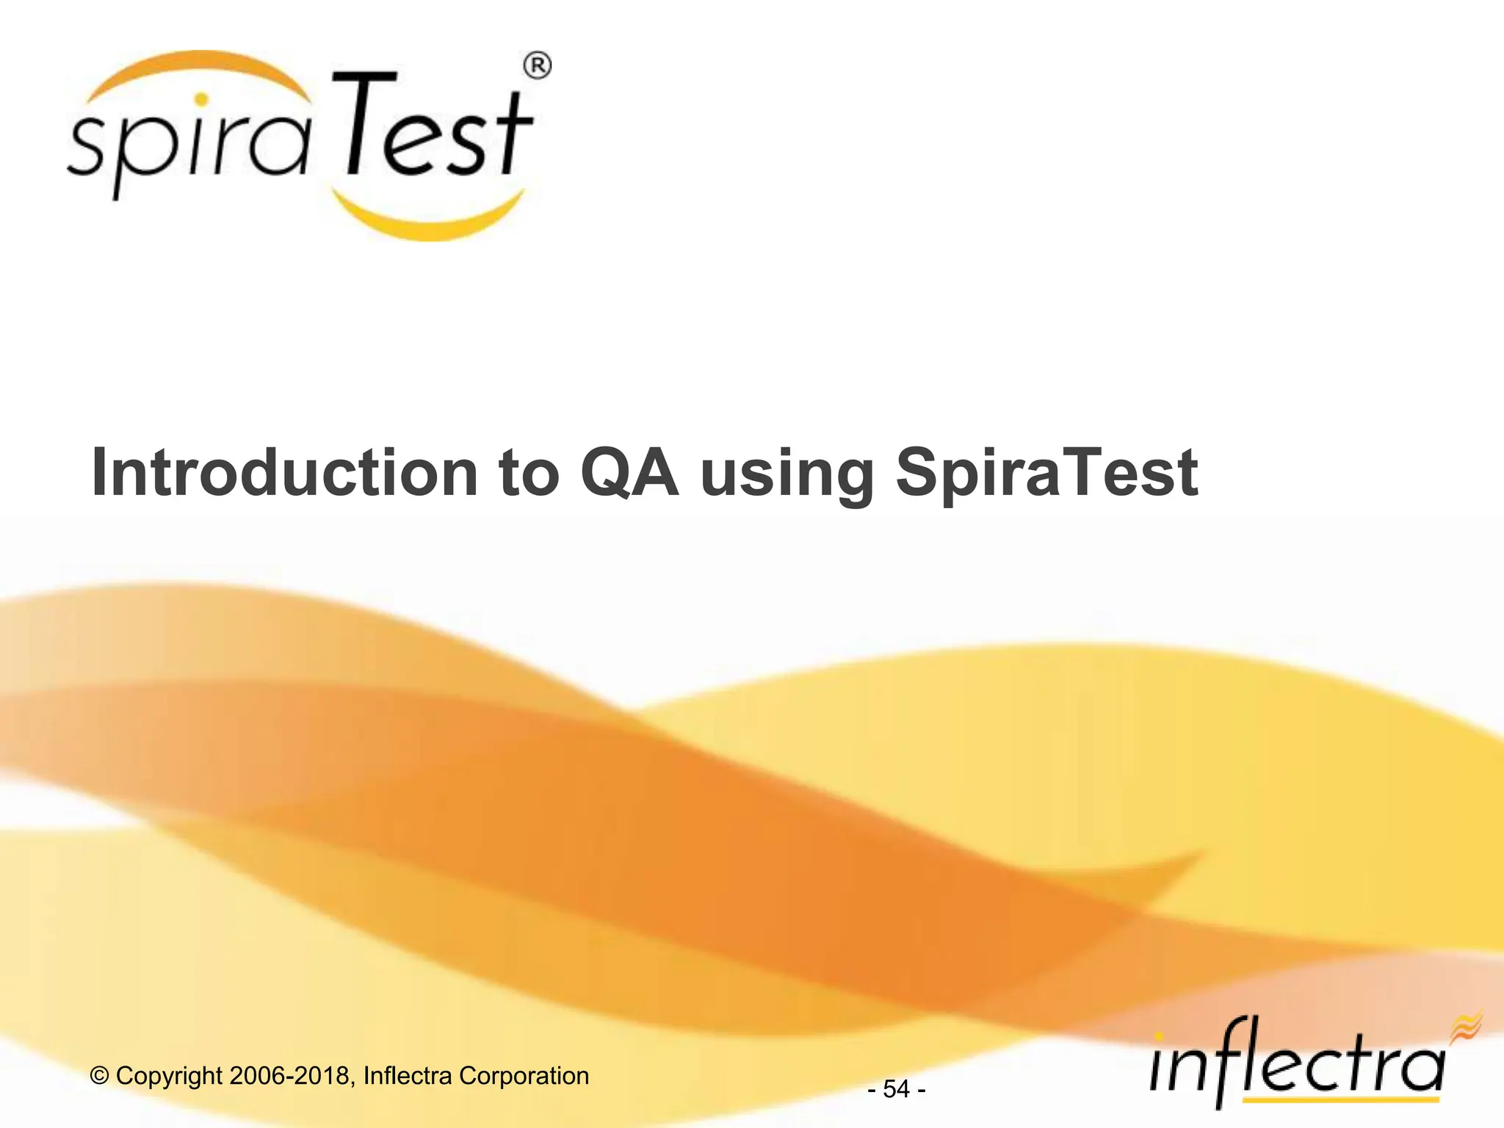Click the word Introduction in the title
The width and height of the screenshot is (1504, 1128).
[x=284, y=474]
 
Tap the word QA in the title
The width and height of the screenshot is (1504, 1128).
[x=629, y=474]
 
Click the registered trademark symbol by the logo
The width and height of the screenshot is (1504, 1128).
[x=537, y=66]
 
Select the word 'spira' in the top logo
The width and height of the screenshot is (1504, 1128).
[x=187, y=147]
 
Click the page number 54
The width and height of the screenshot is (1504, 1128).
[x=896, y=1089]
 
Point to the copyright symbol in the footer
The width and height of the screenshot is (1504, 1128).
[x=99, y=1076]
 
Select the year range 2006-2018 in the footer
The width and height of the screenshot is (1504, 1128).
[x=289, y=1076]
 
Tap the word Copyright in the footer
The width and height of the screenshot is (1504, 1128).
[x=169, y=1076]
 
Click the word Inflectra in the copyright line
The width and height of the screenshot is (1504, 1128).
[x=408, y=1076]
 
